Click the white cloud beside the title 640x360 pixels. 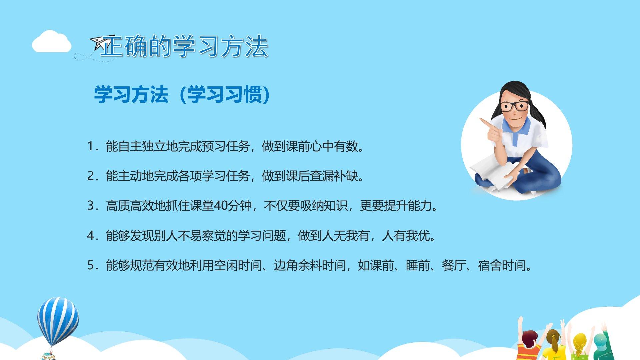point(51,42)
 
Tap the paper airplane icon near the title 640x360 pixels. point(102,42)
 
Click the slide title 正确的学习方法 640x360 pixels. point(184,46)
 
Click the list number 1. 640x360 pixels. point(91,146)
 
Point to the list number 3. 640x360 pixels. point(91,206)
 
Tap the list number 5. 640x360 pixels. point(91,265)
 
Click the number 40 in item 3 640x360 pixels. point(221,206)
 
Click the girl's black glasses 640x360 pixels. point(515,106)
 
